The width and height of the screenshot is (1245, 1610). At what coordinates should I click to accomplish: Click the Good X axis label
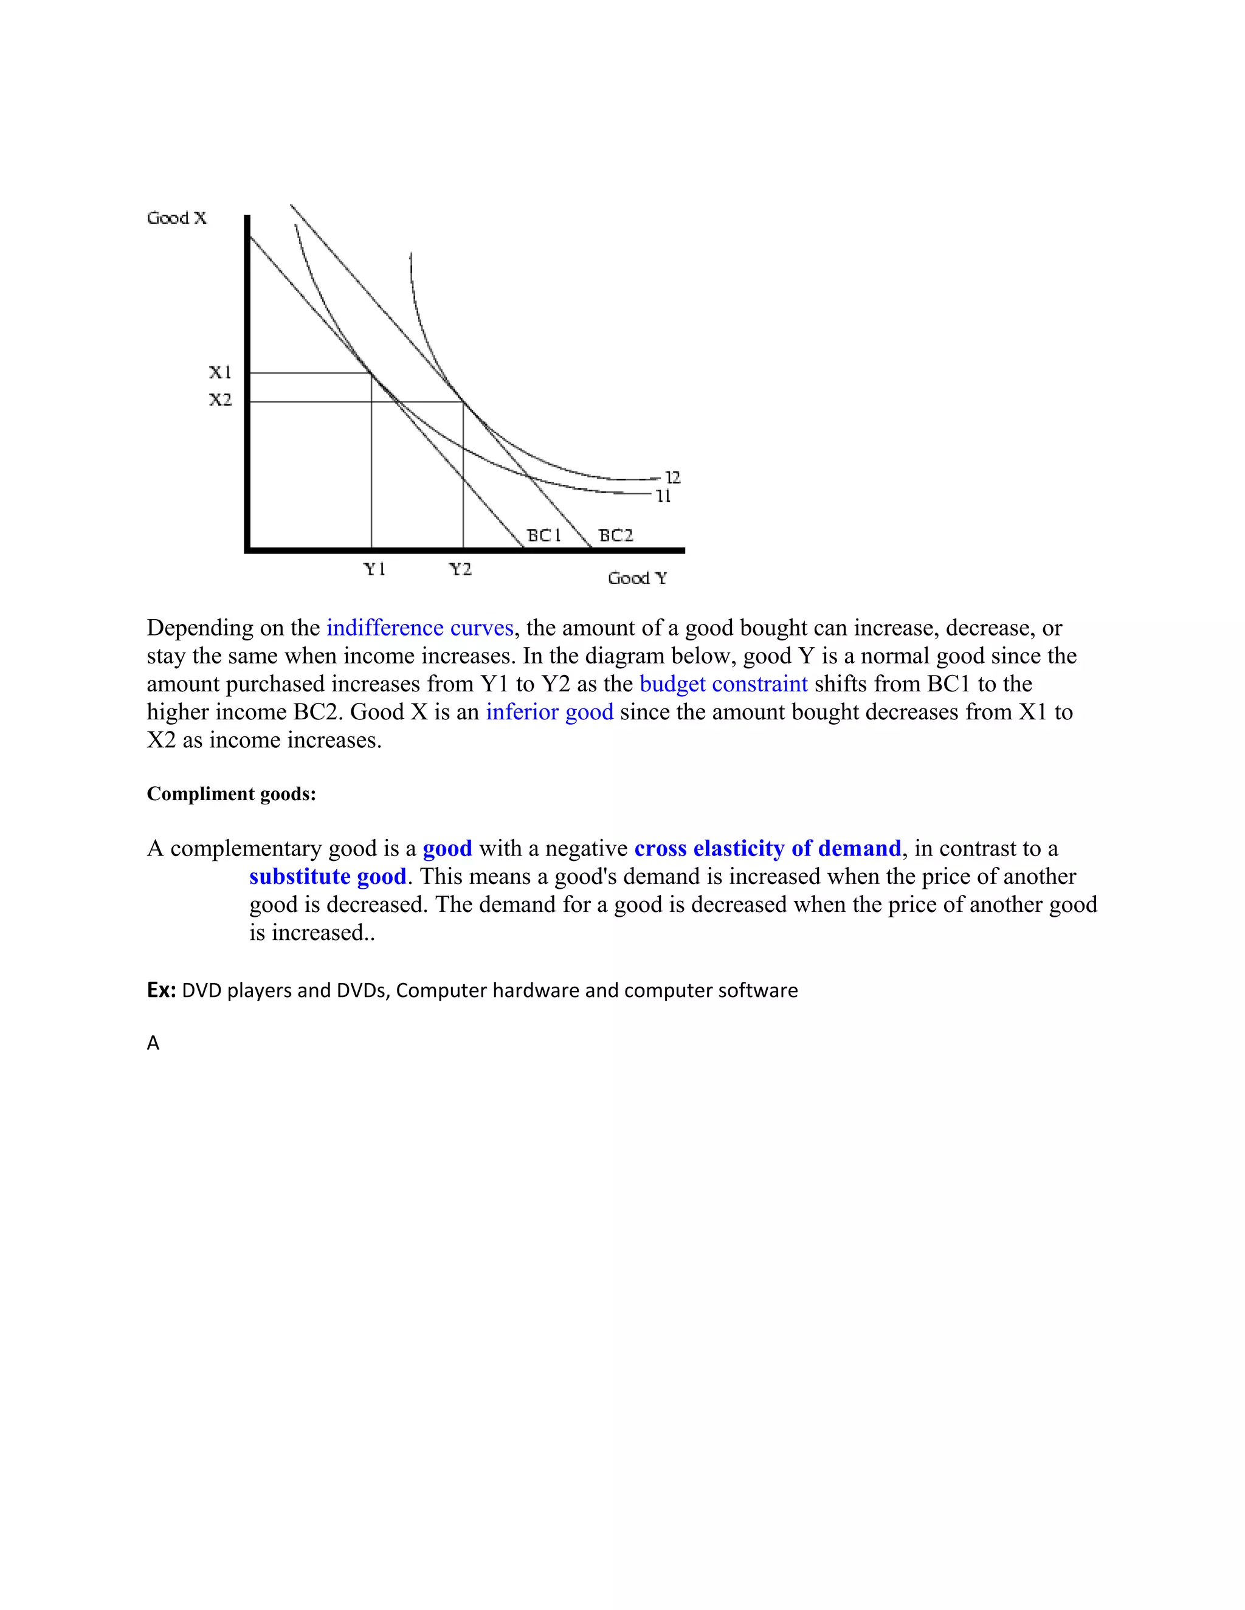pyautogui.click(x=177, y=218)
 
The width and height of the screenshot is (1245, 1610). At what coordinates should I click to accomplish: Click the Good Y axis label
pyautogui.click(x=637, y=578)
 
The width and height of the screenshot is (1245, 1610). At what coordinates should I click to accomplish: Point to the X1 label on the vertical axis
pyautogui.click(x=220, y=372)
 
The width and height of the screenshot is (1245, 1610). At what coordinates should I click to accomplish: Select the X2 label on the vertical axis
pyautogui.click(x=220, y=400)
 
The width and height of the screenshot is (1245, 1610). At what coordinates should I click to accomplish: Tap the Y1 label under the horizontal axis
pyautogui.click(x=374, y=569)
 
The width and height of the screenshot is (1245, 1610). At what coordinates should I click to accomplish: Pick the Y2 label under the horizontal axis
pyautogui.click(x=460, y=569)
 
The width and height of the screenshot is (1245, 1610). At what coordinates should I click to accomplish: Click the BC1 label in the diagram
pyautogui.click(x=543, y=535)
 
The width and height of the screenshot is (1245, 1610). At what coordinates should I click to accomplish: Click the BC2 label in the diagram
pyautogui.click(x=615, y=535)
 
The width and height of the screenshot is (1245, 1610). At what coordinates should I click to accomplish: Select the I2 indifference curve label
pyautogui.click(x=672, y=477)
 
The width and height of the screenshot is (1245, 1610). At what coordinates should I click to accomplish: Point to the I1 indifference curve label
pyautogui.click(x=663, y=496)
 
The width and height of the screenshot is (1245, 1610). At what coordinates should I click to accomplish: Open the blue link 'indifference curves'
pyautogui.click(x=419, y=628)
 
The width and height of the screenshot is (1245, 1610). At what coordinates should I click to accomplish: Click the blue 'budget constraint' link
pyautogui.click(x=723, y=684)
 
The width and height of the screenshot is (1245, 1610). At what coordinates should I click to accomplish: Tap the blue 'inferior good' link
pyautogui.click(x=550, y=712)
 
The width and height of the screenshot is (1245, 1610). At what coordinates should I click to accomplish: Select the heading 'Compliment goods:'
pyautogui.click(x=231, y=794)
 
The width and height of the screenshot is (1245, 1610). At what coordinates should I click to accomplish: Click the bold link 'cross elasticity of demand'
pyautogui.click(x=767, y=849)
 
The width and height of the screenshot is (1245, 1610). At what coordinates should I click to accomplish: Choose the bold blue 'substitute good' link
pyautogui.click(x=328, y=877)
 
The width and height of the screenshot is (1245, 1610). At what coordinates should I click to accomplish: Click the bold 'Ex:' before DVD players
pyautogui.click(x=160, y=990)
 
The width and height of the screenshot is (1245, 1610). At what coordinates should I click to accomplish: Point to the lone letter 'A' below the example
pyautogui.click(x=153, y=1043)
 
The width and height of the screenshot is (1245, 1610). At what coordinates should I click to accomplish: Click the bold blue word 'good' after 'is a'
pyautogui.click(x=447, y=849)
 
